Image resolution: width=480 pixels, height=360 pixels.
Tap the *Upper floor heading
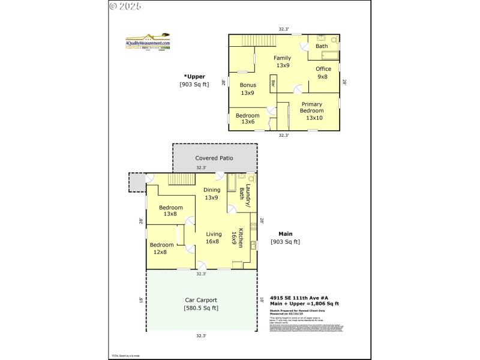[x=194, y=76]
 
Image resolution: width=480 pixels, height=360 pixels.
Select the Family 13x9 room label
[x=283, y=61]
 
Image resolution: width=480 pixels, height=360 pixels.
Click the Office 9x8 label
[x=323, y=73]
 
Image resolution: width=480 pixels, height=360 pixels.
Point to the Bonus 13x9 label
[x=247, y=89]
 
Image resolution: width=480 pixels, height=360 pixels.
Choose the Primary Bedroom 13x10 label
[x=311, y=111]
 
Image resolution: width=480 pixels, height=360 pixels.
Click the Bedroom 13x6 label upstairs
[x=247, y=118]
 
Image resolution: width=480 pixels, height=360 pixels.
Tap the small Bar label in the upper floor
[x=273, y=84]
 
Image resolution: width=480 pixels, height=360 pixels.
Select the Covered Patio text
[x=214, y=158]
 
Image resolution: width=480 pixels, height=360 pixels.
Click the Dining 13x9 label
[x=211, y=194]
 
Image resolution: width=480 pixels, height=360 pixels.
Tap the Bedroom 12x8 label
[x=161, y=248]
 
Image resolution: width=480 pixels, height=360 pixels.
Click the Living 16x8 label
[x=214, y=238]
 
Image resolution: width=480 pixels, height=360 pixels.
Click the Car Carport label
[x=200, y=300]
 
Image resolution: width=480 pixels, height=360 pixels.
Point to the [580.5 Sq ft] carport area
[x=200, y=308]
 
